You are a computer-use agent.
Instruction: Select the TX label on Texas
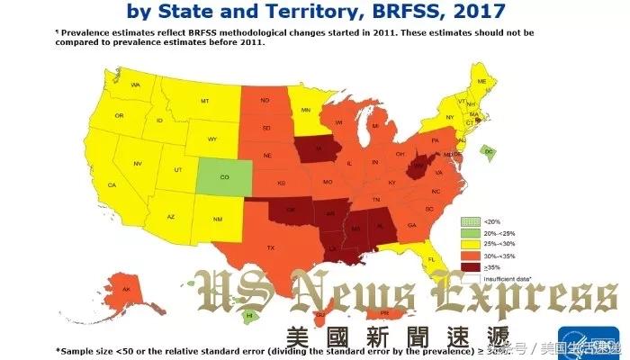[270, 247]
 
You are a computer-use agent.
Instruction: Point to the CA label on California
[112, 185]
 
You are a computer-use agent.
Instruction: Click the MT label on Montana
[205, 101]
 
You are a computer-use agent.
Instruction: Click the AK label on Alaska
[126, 289]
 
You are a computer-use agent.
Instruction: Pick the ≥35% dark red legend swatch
[468, 265]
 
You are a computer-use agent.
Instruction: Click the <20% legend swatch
[468, 220]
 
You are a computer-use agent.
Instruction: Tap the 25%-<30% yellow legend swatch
[468, 243]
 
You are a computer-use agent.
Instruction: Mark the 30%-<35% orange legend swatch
[468, 254]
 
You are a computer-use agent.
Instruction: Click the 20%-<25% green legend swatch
[468, 232]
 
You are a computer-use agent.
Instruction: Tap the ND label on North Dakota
[265, 101]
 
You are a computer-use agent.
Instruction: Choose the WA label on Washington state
[136, 85]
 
